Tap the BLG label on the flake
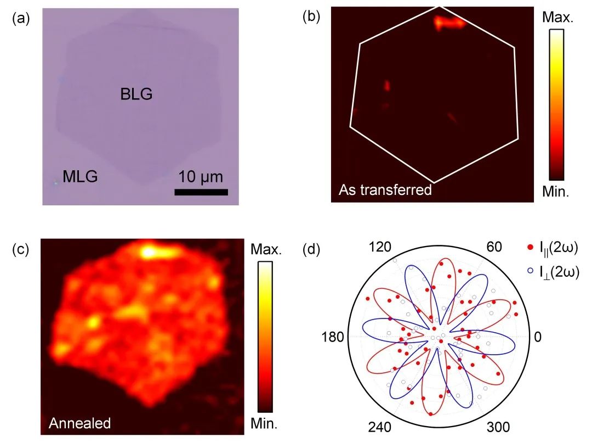click(x=136, y=95)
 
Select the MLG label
click(x=80, y=177)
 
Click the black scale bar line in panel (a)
click(x=201, y=192)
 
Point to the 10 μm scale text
click(x=201, y=177)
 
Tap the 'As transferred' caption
click(x=385, y=191)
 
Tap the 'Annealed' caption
click(x=79, y=423)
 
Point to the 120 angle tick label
click(x=379, y=248)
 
